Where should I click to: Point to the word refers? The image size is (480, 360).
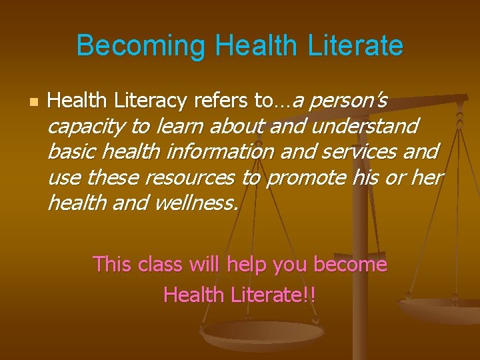(x=220, y=101)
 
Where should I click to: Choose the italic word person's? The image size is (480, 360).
(x=349, y=101)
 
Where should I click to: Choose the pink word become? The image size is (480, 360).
(x=350, y=264)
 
